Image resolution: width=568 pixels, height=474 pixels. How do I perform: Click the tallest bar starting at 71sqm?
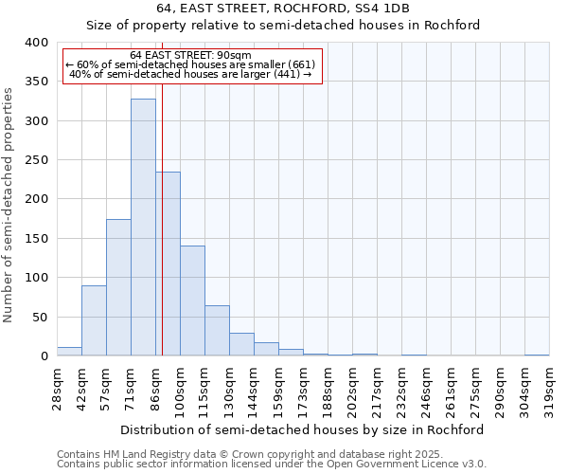(143, 228)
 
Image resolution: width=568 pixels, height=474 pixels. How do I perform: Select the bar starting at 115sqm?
(217, 331)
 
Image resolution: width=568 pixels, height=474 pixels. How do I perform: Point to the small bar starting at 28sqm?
(69, 351)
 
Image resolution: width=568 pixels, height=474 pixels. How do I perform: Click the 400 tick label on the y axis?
(36, 43)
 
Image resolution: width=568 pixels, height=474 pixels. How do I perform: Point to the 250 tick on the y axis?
(36, 160)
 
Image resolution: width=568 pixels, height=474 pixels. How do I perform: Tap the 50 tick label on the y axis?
(40, 317)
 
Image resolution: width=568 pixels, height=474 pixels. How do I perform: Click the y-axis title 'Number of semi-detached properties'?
(9, 204)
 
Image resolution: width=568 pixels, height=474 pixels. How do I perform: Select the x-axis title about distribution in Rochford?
(303, 429)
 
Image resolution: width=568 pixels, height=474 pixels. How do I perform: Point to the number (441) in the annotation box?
(287, 74)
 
